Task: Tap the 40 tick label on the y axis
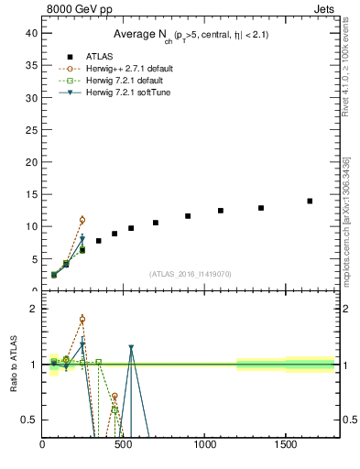pos(31,32)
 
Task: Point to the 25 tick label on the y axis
pos(31,129)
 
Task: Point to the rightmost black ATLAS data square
pos(310,201)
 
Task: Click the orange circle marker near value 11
pos(82,220)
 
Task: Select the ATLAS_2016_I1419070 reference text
pos(191,274)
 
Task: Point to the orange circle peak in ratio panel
pos(82,320)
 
